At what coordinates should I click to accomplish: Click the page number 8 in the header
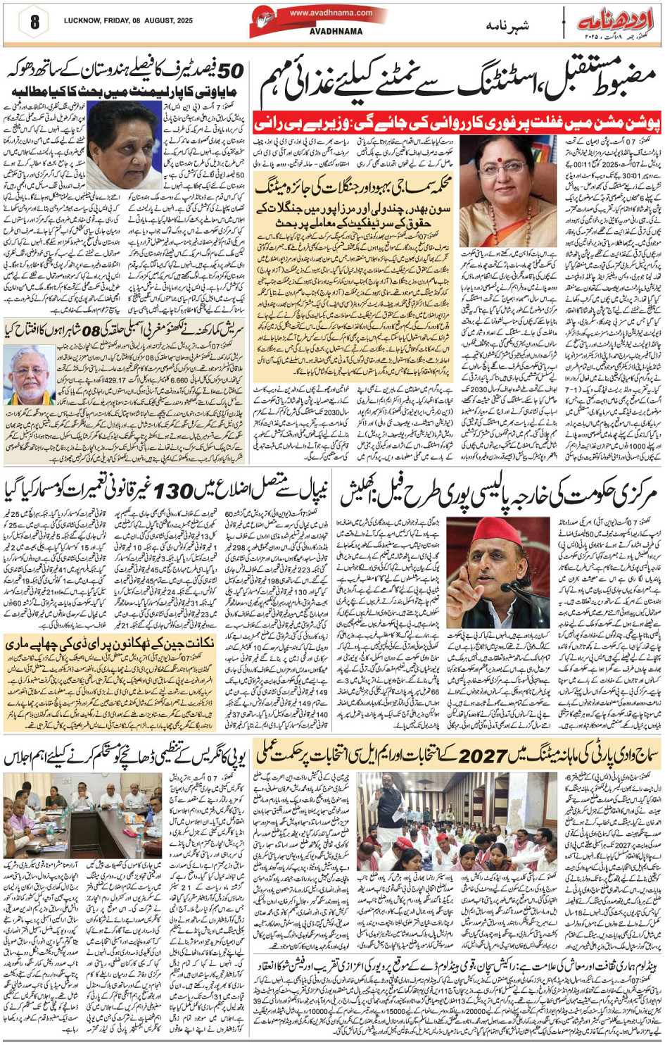34,22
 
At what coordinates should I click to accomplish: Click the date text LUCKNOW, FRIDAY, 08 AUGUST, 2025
127,21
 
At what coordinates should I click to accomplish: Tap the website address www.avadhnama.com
331,13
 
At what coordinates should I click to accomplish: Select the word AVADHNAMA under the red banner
336,32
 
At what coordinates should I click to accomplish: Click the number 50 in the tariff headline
230,71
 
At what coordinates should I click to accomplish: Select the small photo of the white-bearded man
29,375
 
